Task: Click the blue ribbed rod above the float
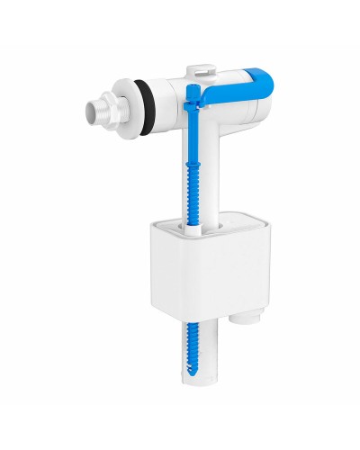193,171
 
